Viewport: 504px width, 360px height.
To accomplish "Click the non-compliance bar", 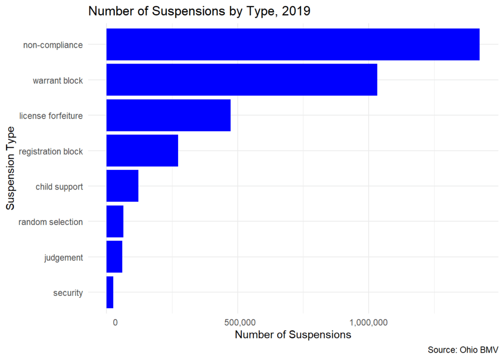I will (293, 44).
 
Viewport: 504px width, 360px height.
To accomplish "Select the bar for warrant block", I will (242, 80).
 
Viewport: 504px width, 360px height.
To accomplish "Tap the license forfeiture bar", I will (168, 115).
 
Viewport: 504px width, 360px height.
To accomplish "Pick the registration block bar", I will (142, 151).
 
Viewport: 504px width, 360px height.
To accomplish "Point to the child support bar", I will (123, 186).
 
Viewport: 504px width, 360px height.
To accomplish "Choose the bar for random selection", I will (115, 222).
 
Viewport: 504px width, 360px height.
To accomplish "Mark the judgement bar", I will (114, 257).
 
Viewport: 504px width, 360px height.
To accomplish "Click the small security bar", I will (110, 293).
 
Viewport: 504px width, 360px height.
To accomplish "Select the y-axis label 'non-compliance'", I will (53, 45).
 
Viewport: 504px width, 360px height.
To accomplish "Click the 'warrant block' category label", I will (58, 80).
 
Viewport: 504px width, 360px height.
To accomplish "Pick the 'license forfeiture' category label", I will (51, 116).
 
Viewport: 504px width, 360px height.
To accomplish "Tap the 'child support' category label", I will (59, 187).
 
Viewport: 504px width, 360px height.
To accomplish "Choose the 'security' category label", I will (68, 293).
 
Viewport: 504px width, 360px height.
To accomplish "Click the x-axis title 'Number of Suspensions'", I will (293, 335).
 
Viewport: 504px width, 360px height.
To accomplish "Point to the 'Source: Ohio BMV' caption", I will (463, 350).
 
